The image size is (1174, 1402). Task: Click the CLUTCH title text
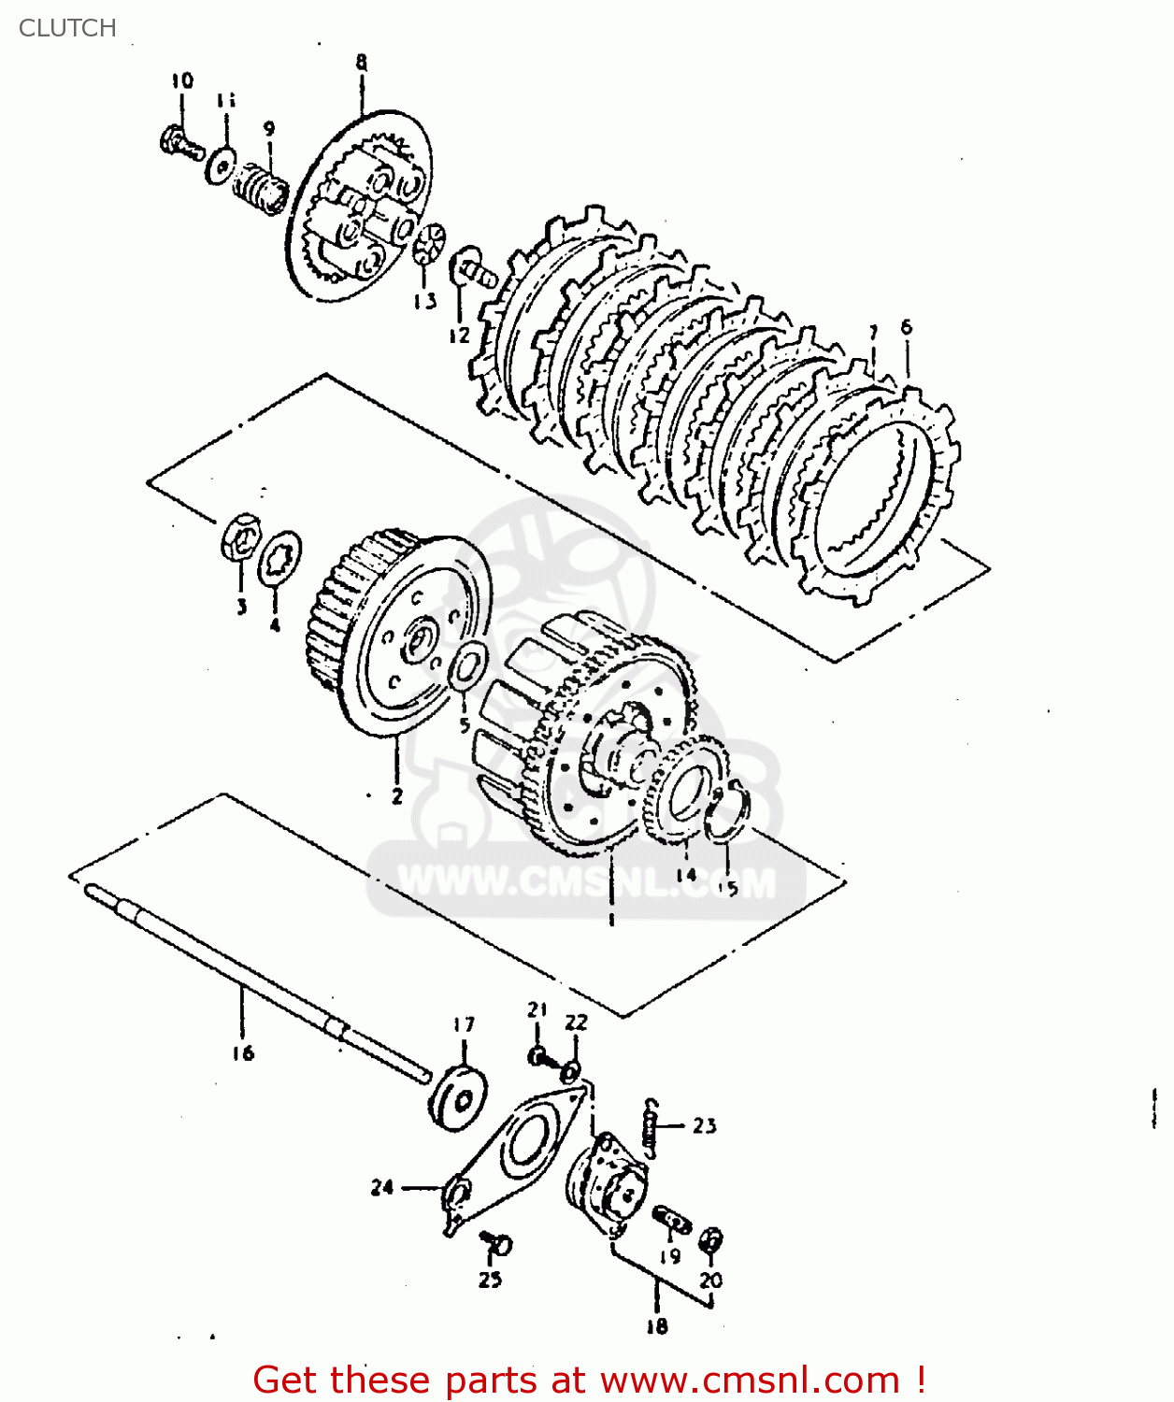point(67,28)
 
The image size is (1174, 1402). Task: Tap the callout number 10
point(182,80)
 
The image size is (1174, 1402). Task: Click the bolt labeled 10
point(180,144)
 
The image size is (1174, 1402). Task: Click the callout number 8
point(362,63)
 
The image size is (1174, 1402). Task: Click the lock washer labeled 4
point(279,559)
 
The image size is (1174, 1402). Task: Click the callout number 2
point(397,796)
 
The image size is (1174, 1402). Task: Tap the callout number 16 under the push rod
point(243,1053)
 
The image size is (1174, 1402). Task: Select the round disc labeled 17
point(460,1097)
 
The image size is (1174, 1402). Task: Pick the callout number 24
point(382,1187)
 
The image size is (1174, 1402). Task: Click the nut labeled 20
point(711,1241)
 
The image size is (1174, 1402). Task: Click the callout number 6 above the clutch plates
point(906,327)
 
